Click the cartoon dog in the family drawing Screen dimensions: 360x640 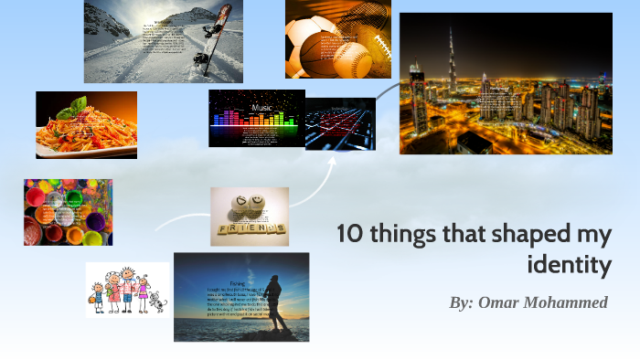(157, 301)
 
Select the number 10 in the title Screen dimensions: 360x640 (350, 234)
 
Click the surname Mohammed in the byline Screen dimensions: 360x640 (571, 302)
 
